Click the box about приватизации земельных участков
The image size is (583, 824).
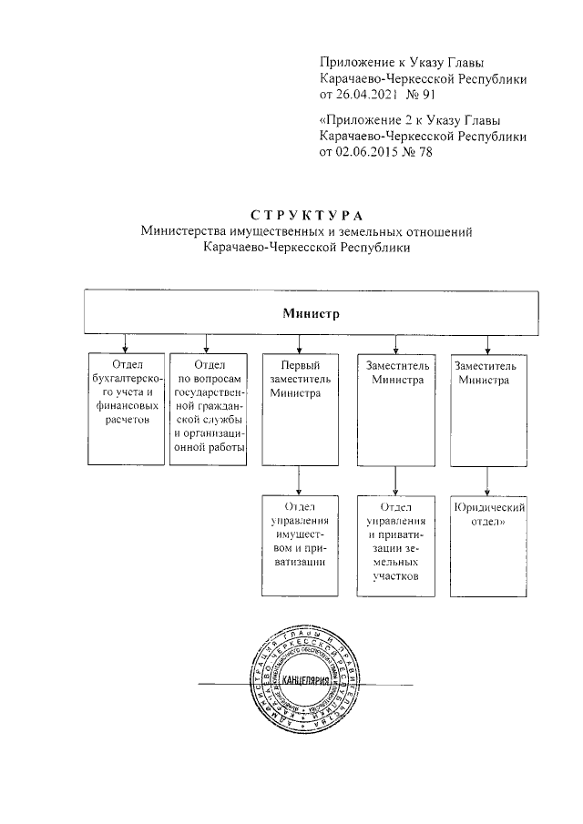pyautogui.click(x=394, y=545)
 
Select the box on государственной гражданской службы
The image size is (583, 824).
pyautogui.click(x=208, y=410)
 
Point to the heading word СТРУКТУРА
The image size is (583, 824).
pyautogui.click(x=307, y=216)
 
